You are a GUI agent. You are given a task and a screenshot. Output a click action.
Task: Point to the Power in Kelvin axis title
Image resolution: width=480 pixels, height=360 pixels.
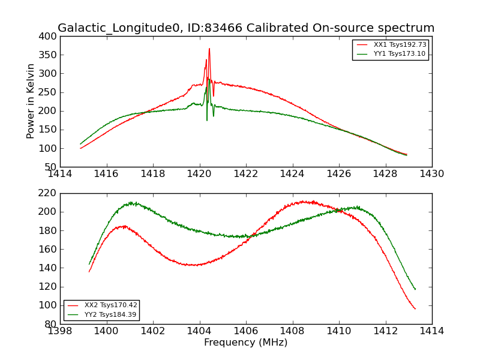31,101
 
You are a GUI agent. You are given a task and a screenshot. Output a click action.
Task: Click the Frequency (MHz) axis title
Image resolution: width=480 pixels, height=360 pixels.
245,343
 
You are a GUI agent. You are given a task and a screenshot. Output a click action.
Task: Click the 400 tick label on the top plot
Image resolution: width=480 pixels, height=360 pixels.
47,37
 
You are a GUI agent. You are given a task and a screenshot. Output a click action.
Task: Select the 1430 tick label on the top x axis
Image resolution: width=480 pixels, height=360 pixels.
431,174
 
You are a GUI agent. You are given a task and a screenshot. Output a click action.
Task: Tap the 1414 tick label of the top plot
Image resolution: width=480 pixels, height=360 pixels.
60,174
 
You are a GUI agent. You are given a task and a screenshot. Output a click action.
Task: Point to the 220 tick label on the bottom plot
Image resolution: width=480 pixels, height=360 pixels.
47,193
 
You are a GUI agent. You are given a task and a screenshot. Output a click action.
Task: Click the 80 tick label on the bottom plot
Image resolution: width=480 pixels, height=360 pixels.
50,324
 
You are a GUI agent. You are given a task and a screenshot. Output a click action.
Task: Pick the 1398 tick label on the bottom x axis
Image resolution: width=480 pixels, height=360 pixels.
60,331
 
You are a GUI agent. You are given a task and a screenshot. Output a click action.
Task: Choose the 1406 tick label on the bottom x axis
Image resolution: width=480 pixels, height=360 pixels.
245,331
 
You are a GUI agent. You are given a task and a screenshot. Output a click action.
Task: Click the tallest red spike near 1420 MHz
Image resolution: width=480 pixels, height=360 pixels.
209,49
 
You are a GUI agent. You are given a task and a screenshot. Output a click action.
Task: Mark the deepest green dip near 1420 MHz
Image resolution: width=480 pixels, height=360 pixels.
207,120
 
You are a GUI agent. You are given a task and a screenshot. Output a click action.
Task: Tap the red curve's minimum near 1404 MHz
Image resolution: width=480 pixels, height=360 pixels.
193,265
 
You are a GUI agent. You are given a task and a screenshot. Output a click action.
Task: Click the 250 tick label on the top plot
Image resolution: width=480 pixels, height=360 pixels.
47,92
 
